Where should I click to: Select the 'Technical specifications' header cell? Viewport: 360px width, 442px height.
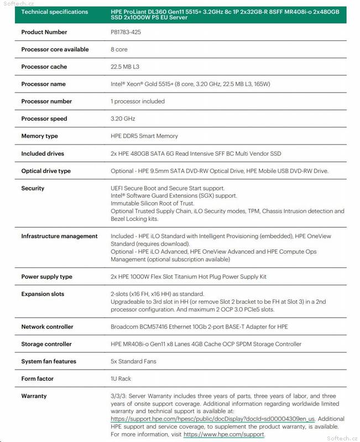54,12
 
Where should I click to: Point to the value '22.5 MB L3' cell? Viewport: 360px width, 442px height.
128,67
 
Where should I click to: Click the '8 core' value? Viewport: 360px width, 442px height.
119,49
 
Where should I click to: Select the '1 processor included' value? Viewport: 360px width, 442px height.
138,101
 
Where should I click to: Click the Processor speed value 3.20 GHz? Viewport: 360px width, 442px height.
123,119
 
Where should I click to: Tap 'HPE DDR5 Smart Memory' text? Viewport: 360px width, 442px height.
144,136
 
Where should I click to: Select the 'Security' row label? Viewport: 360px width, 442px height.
33,188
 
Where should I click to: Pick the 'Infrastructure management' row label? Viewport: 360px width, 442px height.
59,236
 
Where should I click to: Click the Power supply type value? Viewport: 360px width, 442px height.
189,277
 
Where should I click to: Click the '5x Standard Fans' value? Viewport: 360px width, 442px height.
133,361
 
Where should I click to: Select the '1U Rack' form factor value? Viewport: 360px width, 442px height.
121,378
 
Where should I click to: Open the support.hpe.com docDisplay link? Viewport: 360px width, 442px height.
213,419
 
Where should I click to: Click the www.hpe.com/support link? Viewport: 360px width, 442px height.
224,435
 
